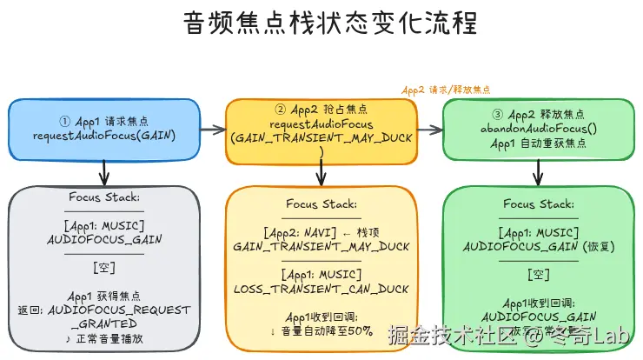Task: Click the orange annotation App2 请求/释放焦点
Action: [446, 89]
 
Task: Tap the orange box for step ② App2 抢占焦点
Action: [321, 130]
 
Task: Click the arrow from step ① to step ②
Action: [211, 130]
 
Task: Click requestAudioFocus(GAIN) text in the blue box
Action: [103, 137]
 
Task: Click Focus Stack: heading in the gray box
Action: [103, 197]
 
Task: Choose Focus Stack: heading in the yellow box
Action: [321, 205]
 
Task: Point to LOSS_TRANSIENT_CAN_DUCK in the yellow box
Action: [321, 288]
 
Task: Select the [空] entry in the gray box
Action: [103, 266]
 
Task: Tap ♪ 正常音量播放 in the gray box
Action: [103, 337]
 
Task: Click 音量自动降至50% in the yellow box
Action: [326, 330]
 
